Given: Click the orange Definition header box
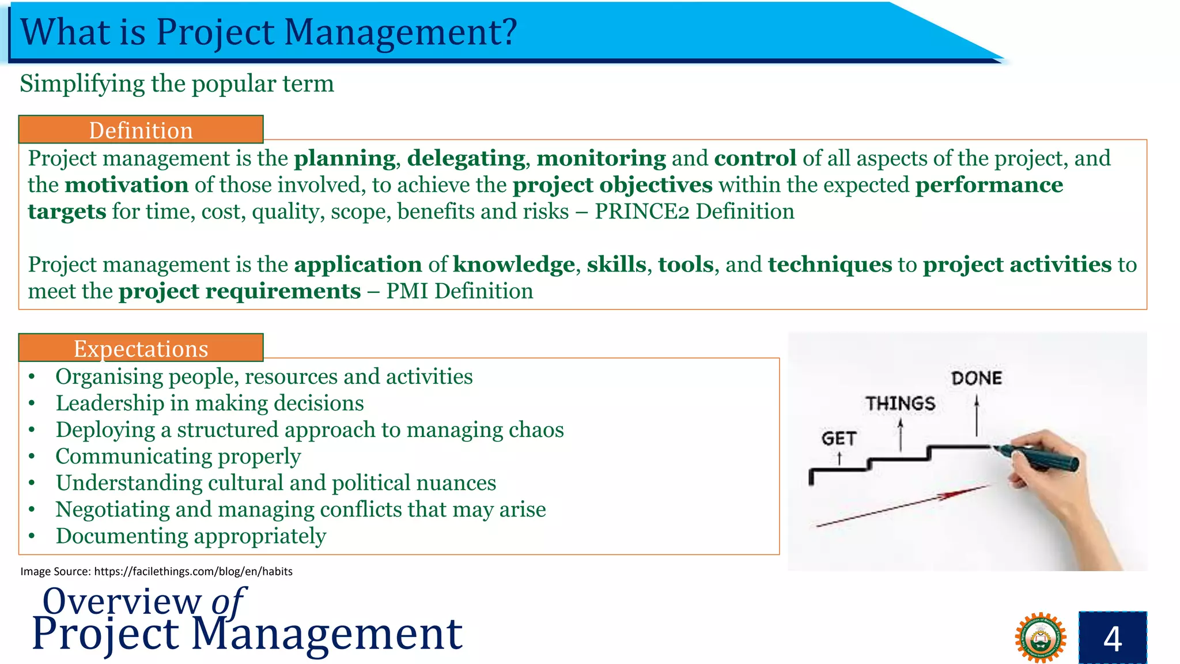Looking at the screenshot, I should click(x=141, y=130).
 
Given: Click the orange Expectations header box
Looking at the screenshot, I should click(x=141, y=348).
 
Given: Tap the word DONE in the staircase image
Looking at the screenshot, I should click(x=976, y=379).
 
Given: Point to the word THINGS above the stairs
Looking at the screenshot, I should click(x=900, y=403).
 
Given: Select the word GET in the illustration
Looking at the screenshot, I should click(x=839, y=439).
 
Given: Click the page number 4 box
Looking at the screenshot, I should click(x=1112, y=638).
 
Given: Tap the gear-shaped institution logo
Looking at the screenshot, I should click(x=1040, y=638).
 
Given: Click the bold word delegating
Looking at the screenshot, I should click(x=466, y=159).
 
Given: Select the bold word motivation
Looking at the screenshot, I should click(x=127, y=185).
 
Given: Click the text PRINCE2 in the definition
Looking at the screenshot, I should click(x=642, y=212).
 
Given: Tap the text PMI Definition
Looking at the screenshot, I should click(x=459, y=291).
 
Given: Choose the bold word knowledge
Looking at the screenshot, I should click(x=514, y=265).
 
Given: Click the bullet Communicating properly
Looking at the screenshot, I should click(x=178, y=456).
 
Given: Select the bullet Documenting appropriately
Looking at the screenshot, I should click(x=191, y=536).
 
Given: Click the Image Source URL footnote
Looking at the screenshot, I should click(x=156, y=571).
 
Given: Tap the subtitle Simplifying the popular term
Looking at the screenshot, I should click(x=177, y=84).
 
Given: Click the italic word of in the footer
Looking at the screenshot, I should click(x=228, y=601).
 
